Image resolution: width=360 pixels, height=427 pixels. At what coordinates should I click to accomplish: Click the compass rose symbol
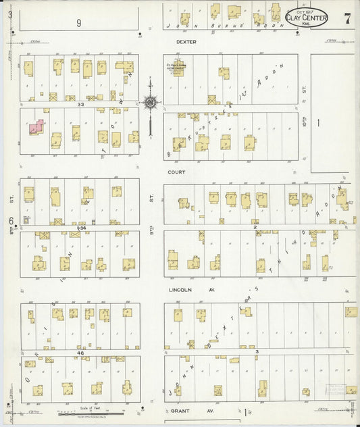150,103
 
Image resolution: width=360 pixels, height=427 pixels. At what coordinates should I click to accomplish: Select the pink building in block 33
36,128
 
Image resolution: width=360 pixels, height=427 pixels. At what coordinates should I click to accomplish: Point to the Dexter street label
185,41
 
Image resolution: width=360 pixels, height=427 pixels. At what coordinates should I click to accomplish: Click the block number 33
80,105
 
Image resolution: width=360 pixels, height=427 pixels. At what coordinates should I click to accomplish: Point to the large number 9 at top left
78,23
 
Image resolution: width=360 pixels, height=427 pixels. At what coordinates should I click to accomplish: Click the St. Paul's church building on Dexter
179,69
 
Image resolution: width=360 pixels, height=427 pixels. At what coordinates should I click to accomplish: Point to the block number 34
82,228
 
